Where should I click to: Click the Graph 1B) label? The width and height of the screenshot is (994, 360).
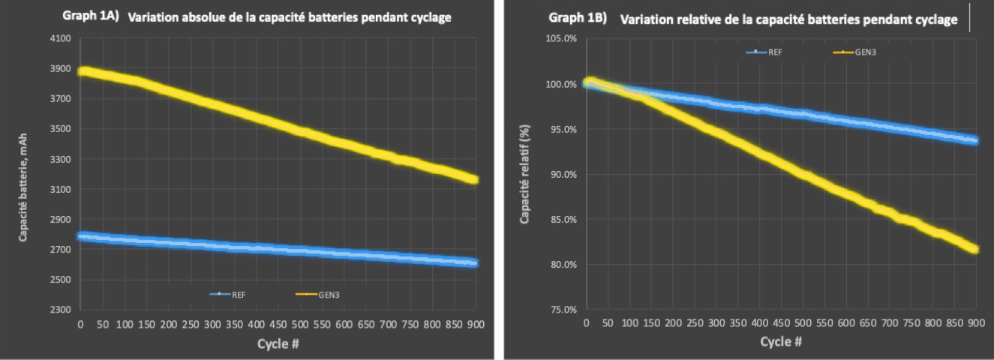tap(578, 17)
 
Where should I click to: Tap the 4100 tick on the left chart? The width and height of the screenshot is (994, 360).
tap(60, 38)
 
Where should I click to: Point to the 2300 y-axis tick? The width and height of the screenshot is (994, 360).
tap(60, 310)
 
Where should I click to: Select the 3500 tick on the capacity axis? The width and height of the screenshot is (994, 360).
tap(60, 129)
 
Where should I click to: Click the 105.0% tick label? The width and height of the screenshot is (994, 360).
tap(561, 38)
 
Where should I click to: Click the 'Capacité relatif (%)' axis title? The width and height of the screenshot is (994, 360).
tap(526, 174)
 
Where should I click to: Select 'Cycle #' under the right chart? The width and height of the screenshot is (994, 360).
tap(781, 342)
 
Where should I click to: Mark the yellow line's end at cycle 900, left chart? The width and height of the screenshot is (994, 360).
tap(473, 180)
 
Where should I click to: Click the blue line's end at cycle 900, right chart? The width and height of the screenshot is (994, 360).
tap(974, 140)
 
